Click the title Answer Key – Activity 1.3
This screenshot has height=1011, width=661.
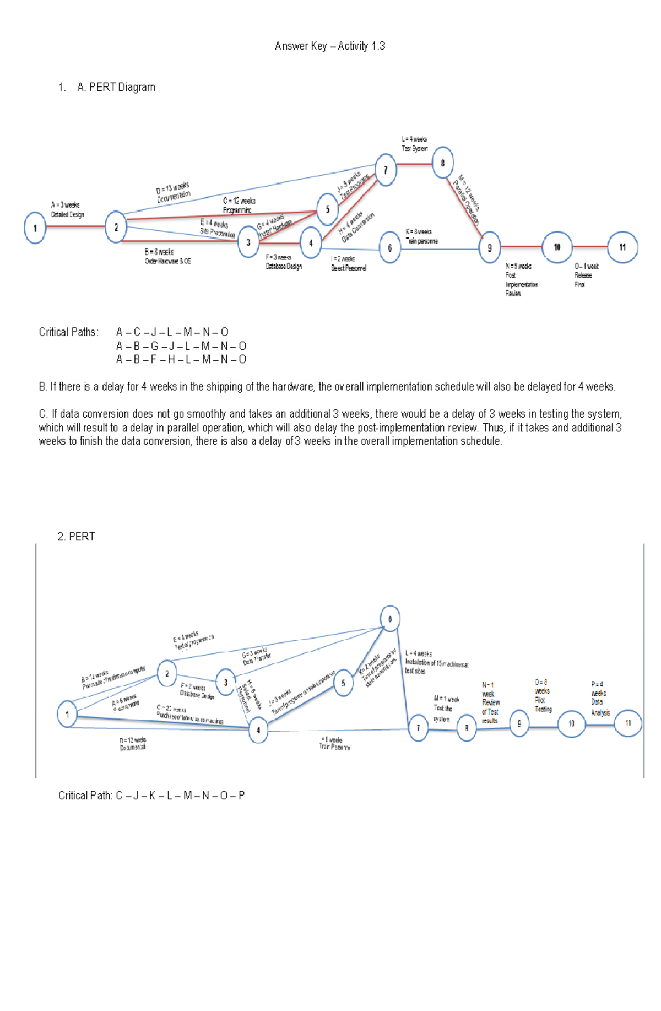click(329, 46)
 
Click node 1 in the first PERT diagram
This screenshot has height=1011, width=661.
click(35, 228)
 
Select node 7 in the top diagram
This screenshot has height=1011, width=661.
click(386, 170)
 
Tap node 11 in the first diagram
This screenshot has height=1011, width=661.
click(622, 247)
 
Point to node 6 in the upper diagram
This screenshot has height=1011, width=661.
click(389, 248)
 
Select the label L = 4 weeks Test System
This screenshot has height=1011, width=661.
click(414, 144)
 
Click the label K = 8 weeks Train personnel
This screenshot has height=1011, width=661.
click(421, 236)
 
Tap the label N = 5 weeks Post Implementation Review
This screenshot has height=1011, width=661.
click(521, 280)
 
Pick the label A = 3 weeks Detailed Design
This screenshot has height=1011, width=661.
click(67, 209)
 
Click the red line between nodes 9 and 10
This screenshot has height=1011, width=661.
click(521, 247)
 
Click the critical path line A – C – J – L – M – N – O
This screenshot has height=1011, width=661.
click(172, 332)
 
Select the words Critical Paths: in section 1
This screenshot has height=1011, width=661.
click(68, 332)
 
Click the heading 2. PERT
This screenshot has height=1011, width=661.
click(76, 537)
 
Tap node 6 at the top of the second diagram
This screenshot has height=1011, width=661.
click(390, 619)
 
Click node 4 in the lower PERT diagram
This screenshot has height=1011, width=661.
click(258, 731)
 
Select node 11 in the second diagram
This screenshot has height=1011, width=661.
click(628, 723)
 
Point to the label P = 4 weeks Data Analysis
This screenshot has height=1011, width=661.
click(599, 698)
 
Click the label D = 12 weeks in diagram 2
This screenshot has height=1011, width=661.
click(133, 744)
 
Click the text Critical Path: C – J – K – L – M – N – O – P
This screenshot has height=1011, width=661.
click(151, 796)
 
